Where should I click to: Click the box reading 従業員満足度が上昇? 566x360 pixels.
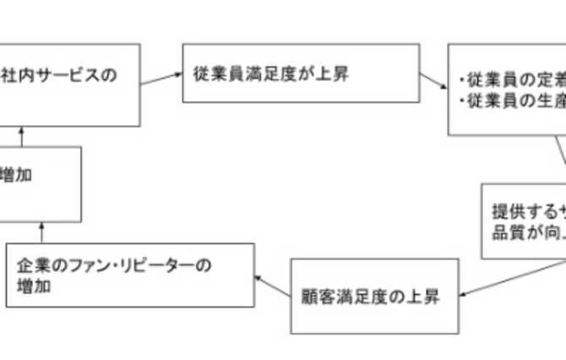tap(299, 74)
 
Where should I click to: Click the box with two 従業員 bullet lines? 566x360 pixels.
tap(507, 91)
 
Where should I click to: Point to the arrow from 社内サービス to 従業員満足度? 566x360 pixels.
tap(161, 79)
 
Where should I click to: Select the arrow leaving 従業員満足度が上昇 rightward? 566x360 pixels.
tap(433, 81)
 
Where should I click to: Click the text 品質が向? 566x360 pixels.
tap(524, 231)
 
